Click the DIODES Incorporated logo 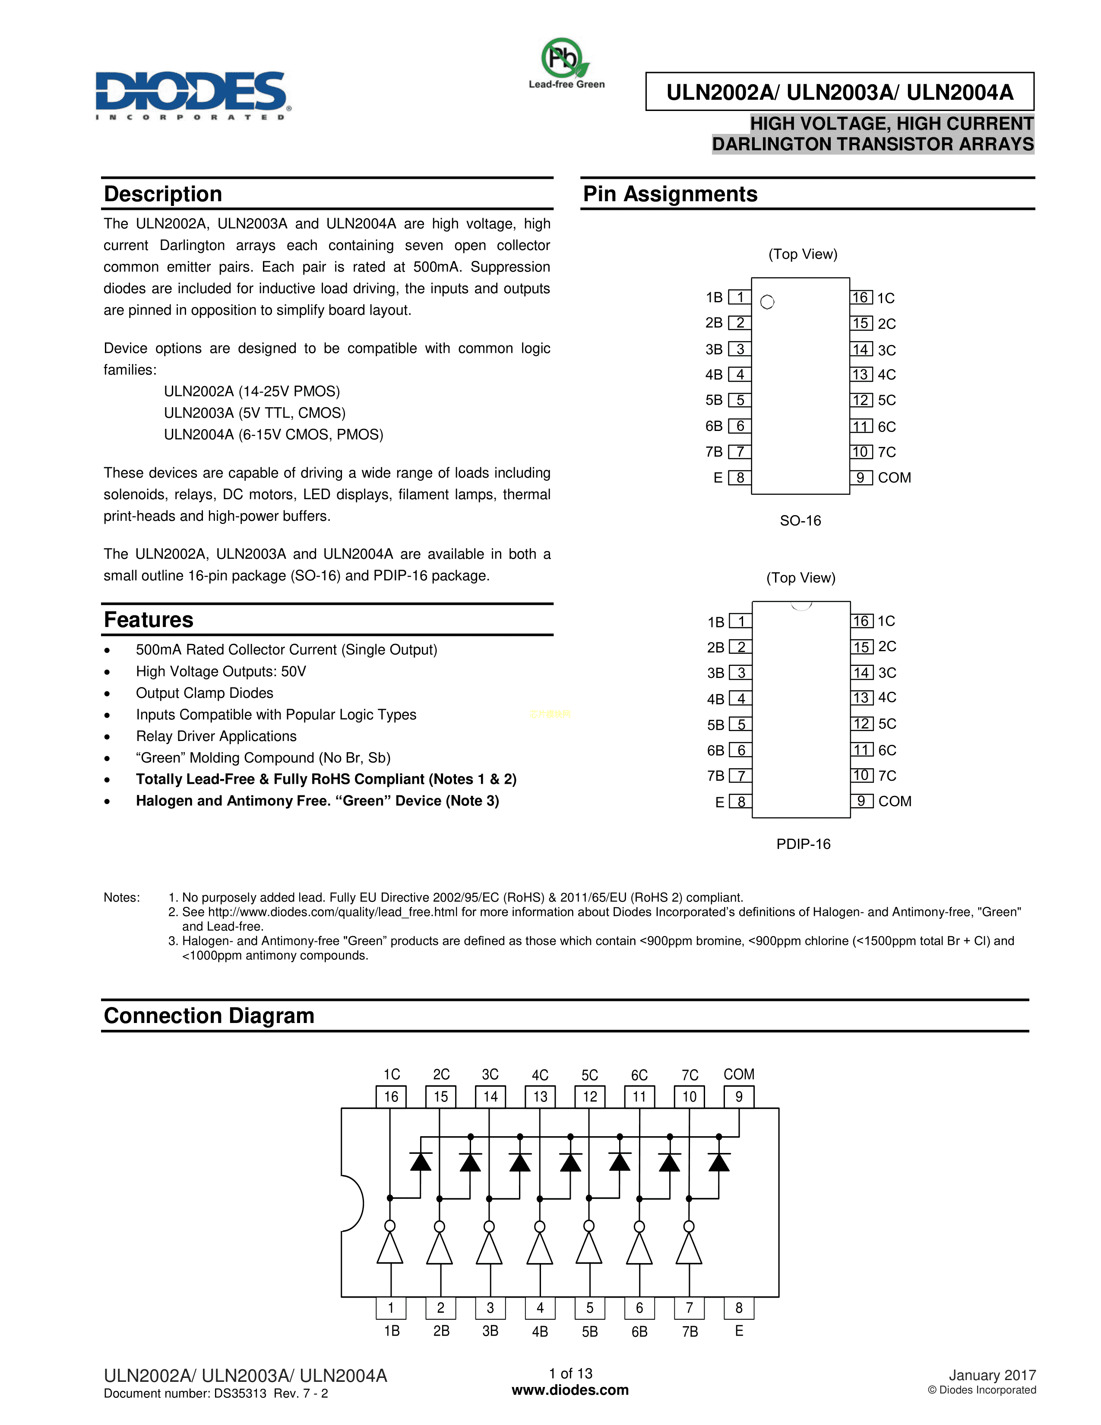(x=193, y=95)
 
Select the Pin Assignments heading (x=670, y=194)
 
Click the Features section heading (x=149, y=619)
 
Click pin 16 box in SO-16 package (x=861, y=298)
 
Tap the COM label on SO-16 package (x=894, y=478)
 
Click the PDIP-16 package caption (x=803, y=844)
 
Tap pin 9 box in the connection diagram (x=739, y=1097)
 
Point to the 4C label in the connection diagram (x=540, y=1075)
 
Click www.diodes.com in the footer (x=570, y=1390)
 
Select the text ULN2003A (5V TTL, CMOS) (x=254, y=413)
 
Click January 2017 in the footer (x=992, y=1375)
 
